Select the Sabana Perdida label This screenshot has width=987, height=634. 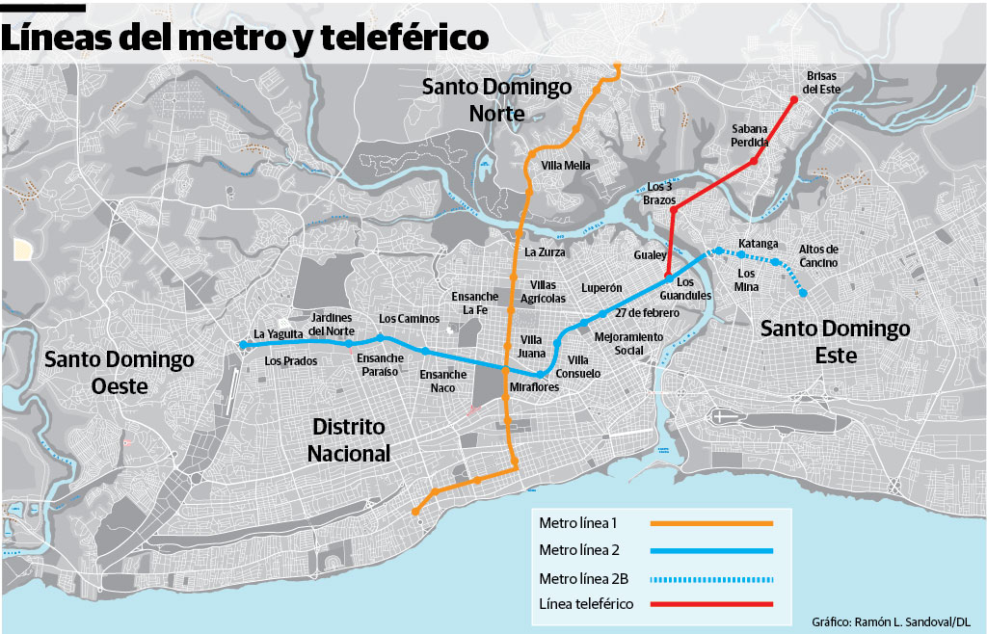[749, 135]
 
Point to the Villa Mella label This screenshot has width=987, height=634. [566, 166]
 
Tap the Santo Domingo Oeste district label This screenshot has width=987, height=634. [120, 372]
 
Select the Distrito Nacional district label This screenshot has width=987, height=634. [349, 439]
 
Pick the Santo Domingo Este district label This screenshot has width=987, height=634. [835, 342]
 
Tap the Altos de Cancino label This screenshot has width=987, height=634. [818, 255]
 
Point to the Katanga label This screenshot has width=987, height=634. [758, 243]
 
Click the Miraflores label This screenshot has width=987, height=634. [534, 387]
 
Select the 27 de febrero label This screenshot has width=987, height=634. [642, 313]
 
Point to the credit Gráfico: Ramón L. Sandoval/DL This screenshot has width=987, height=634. [891, 622]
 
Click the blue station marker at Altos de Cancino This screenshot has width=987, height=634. [803, 292]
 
